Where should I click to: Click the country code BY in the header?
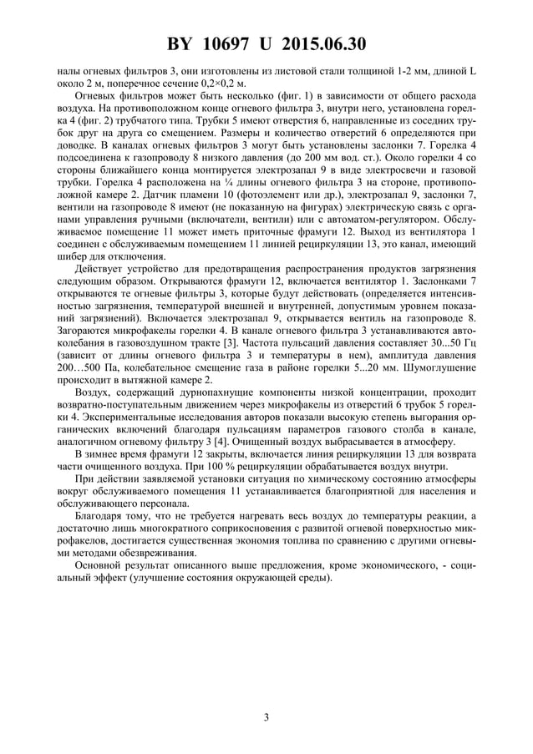click(180, 43)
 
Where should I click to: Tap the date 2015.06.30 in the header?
click(328, 43)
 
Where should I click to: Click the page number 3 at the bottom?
click(266, 716)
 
